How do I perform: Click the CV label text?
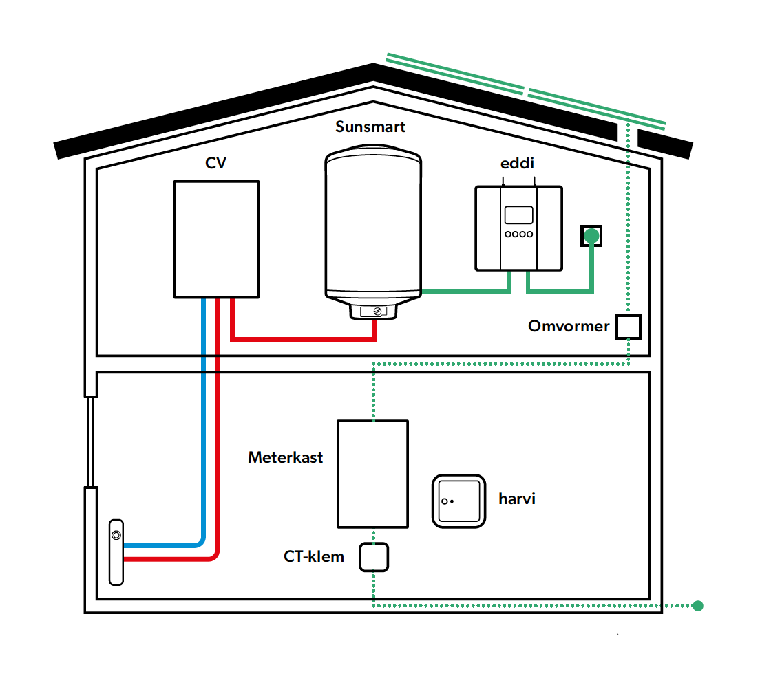click(x=215, y=163)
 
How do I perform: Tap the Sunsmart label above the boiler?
click(x=370, y=127)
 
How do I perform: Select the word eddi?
click(x=517, y=164)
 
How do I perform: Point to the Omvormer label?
click(x=569, y=326)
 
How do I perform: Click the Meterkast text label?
click(x=286, y=457)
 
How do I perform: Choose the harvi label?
click(x=517, y=499)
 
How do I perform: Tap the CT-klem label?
click(x=314, y=556)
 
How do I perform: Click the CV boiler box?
click(x=216, y=239)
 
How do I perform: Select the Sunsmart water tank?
click(x=372, y=227)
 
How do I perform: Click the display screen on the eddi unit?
click(x=518, y=215)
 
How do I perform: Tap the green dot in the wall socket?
click(x=591, y=237)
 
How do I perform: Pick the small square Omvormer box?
click(x=628, y=326)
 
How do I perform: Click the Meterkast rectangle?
click(x=372, y=474)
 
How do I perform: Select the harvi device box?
click(x=458, y=501)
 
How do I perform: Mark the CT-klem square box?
click(x=374, y=557)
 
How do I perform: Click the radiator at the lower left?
click(x=117, y=552)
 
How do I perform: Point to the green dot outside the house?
click(x=698, y=606)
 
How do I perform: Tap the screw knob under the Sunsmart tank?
click(x=376, y=311)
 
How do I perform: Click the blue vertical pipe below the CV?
click(x=204, y=413)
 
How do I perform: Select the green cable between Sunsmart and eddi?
click(x=465, y=292)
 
